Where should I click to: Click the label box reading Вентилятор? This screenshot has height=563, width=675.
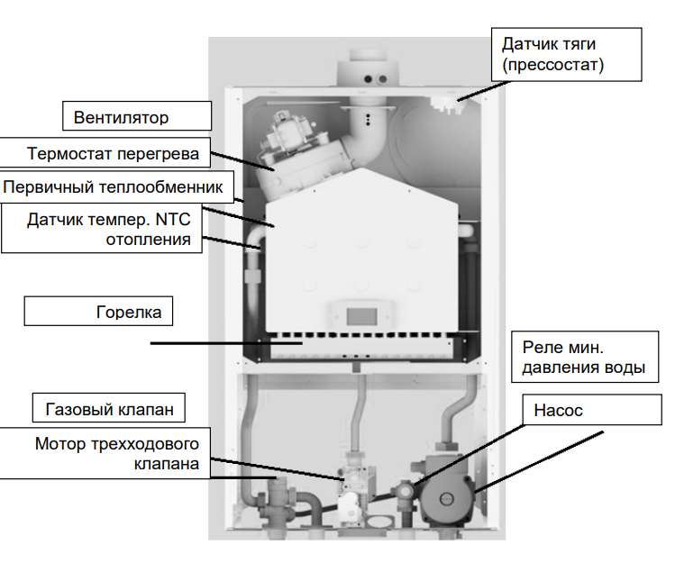click(135, 117)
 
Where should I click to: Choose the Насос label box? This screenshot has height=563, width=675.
click(558, 410)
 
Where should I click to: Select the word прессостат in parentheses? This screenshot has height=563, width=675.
click(552, 65)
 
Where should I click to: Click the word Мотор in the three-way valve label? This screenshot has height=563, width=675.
click(60, 444)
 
